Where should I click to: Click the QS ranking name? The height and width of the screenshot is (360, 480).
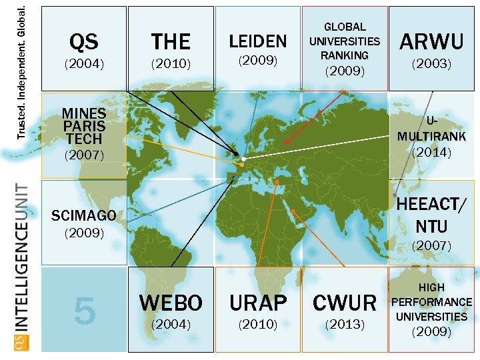[x=84, y=42]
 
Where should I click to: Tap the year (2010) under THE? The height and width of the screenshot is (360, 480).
[x=171, y=65]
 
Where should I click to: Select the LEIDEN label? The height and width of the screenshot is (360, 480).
[x=257, y=41]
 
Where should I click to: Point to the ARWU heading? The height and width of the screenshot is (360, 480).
[x=431, y=41]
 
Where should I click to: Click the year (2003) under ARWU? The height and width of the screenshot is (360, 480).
[x=431, y=65]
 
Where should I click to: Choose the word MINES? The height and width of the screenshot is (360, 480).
[x=84, y=113]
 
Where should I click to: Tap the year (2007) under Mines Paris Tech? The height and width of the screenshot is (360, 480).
[x=84, y=155]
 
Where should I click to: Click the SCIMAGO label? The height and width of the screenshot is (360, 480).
[x=84, y=215]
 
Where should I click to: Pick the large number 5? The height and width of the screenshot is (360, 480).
[x=84, y=309]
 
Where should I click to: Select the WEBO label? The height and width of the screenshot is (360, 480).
[x=171, y=303]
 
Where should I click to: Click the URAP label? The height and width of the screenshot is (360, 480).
[x=257, y=303]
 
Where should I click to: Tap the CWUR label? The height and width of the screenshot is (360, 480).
[x=345, y=303]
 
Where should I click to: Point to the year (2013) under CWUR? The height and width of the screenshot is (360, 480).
[x=345, y=325]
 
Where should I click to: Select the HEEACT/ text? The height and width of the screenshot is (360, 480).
[x=431, y=205]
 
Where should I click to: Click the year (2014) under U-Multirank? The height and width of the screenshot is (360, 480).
[x=431, y=152]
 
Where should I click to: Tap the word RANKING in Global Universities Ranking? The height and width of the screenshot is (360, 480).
[x=345, y=55]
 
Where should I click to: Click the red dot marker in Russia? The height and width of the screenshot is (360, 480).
[x=287, y=141]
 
